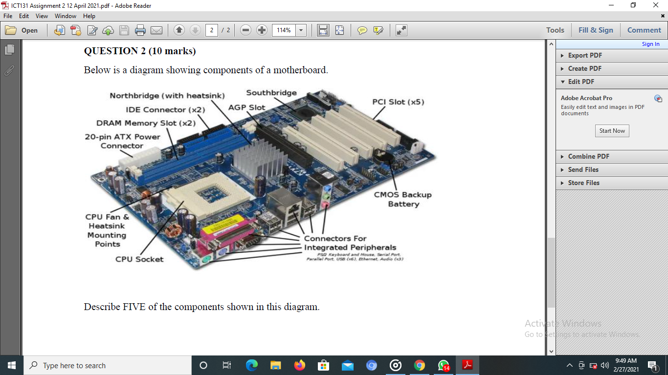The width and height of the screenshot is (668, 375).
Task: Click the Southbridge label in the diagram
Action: [271, 93]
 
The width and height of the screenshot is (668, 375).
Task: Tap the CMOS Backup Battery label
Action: [403, 199]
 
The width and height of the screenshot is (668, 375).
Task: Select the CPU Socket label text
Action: [139, 259]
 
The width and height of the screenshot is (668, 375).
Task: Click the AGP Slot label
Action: [246, 107]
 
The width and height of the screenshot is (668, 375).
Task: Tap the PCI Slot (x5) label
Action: [398, 102]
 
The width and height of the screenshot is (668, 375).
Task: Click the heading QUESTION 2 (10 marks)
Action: [140, 51]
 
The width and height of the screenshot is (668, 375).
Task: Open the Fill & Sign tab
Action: [595, 30]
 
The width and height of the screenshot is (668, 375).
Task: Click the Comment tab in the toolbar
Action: [644, 30]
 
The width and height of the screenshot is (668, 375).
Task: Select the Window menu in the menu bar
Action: [66, 16]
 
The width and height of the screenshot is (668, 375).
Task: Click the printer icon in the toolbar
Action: [140, 30]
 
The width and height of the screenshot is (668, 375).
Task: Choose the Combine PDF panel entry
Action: [588, 156]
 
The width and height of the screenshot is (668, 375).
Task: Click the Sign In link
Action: [650, 44]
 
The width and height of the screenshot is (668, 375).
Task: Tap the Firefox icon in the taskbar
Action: [299, 365]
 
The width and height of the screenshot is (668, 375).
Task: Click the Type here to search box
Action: [108, 365]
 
